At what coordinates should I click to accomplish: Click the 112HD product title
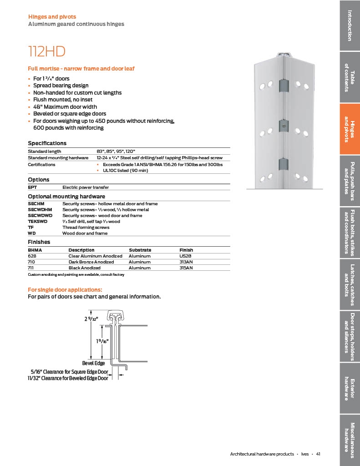[46, 51]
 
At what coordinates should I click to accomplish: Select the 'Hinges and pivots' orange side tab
[350, 129]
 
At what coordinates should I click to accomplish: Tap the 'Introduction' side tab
[350, 25]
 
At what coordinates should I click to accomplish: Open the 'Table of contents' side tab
[350, 77]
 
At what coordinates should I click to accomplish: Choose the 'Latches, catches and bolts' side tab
[350, 285]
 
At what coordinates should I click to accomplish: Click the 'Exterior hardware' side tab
[350, 389]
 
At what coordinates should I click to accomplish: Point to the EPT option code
[32, 187]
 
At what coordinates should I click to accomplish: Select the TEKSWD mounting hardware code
[37, 222]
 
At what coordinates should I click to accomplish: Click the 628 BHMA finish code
[32, 256]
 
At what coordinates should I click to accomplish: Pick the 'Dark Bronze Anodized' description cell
[91, 262]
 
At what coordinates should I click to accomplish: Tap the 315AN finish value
[186, 268]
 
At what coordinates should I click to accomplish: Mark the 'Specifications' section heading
[47, 143]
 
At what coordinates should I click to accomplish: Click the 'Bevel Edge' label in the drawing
[93, 363]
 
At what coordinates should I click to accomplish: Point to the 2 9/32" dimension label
[91, 319]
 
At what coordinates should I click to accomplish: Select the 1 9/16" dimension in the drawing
[102, 341]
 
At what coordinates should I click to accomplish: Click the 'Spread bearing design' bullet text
[61, 86]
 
